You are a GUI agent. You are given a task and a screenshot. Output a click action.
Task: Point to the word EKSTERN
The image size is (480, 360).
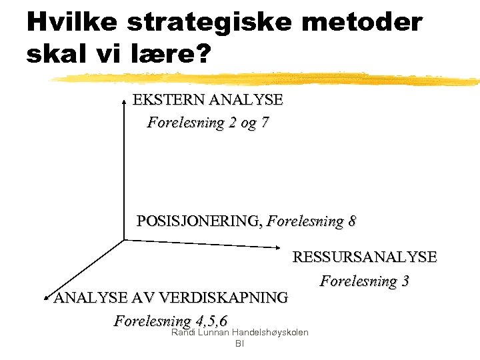tap(169, 101)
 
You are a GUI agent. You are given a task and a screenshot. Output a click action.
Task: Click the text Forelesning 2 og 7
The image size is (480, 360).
tap(208, 123)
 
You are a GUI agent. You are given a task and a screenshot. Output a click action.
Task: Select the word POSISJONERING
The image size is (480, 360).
tap(198, 221)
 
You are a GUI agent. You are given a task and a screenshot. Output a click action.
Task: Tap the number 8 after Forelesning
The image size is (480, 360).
tap(351, 221)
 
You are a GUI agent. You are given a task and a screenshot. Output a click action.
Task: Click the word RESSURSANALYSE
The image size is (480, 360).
tap(365, 257)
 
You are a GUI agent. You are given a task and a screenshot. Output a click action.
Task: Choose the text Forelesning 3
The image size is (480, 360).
tap(365, 281)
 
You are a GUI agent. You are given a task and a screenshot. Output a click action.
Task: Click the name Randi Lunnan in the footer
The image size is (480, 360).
tap(197, 333)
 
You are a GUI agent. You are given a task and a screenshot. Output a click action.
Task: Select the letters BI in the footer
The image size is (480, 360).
tap(240, 344)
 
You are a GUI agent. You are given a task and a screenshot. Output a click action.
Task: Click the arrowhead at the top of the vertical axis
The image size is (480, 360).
tap(124, 101)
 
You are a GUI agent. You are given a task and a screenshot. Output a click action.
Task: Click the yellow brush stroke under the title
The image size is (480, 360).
tap(267, 78)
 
